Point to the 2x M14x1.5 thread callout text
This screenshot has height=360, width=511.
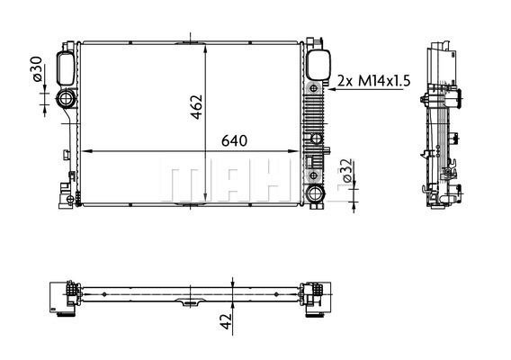(x=373, y=80)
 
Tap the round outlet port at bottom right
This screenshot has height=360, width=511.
(x=314, y=193)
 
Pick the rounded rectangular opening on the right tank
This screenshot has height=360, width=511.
(x=315, y=66)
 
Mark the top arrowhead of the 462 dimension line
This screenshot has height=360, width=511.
(x=208, y=45)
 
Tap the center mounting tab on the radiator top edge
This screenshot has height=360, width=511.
(x=191, y=39)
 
